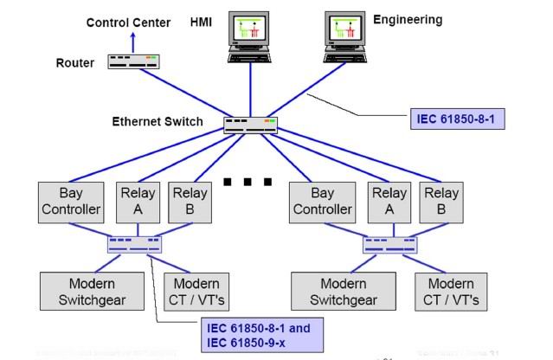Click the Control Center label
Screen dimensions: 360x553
[128, 22]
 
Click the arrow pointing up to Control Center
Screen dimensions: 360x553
[133, 40]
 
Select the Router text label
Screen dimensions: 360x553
[75, 63]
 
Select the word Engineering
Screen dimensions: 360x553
[408, 19]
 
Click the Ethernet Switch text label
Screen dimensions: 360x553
[158, 121]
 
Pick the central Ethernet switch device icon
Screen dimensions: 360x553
[250, 124]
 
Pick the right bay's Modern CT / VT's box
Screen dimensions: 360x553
[451, 292]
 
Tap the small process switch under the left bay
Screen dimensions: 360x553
[134, 245]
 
